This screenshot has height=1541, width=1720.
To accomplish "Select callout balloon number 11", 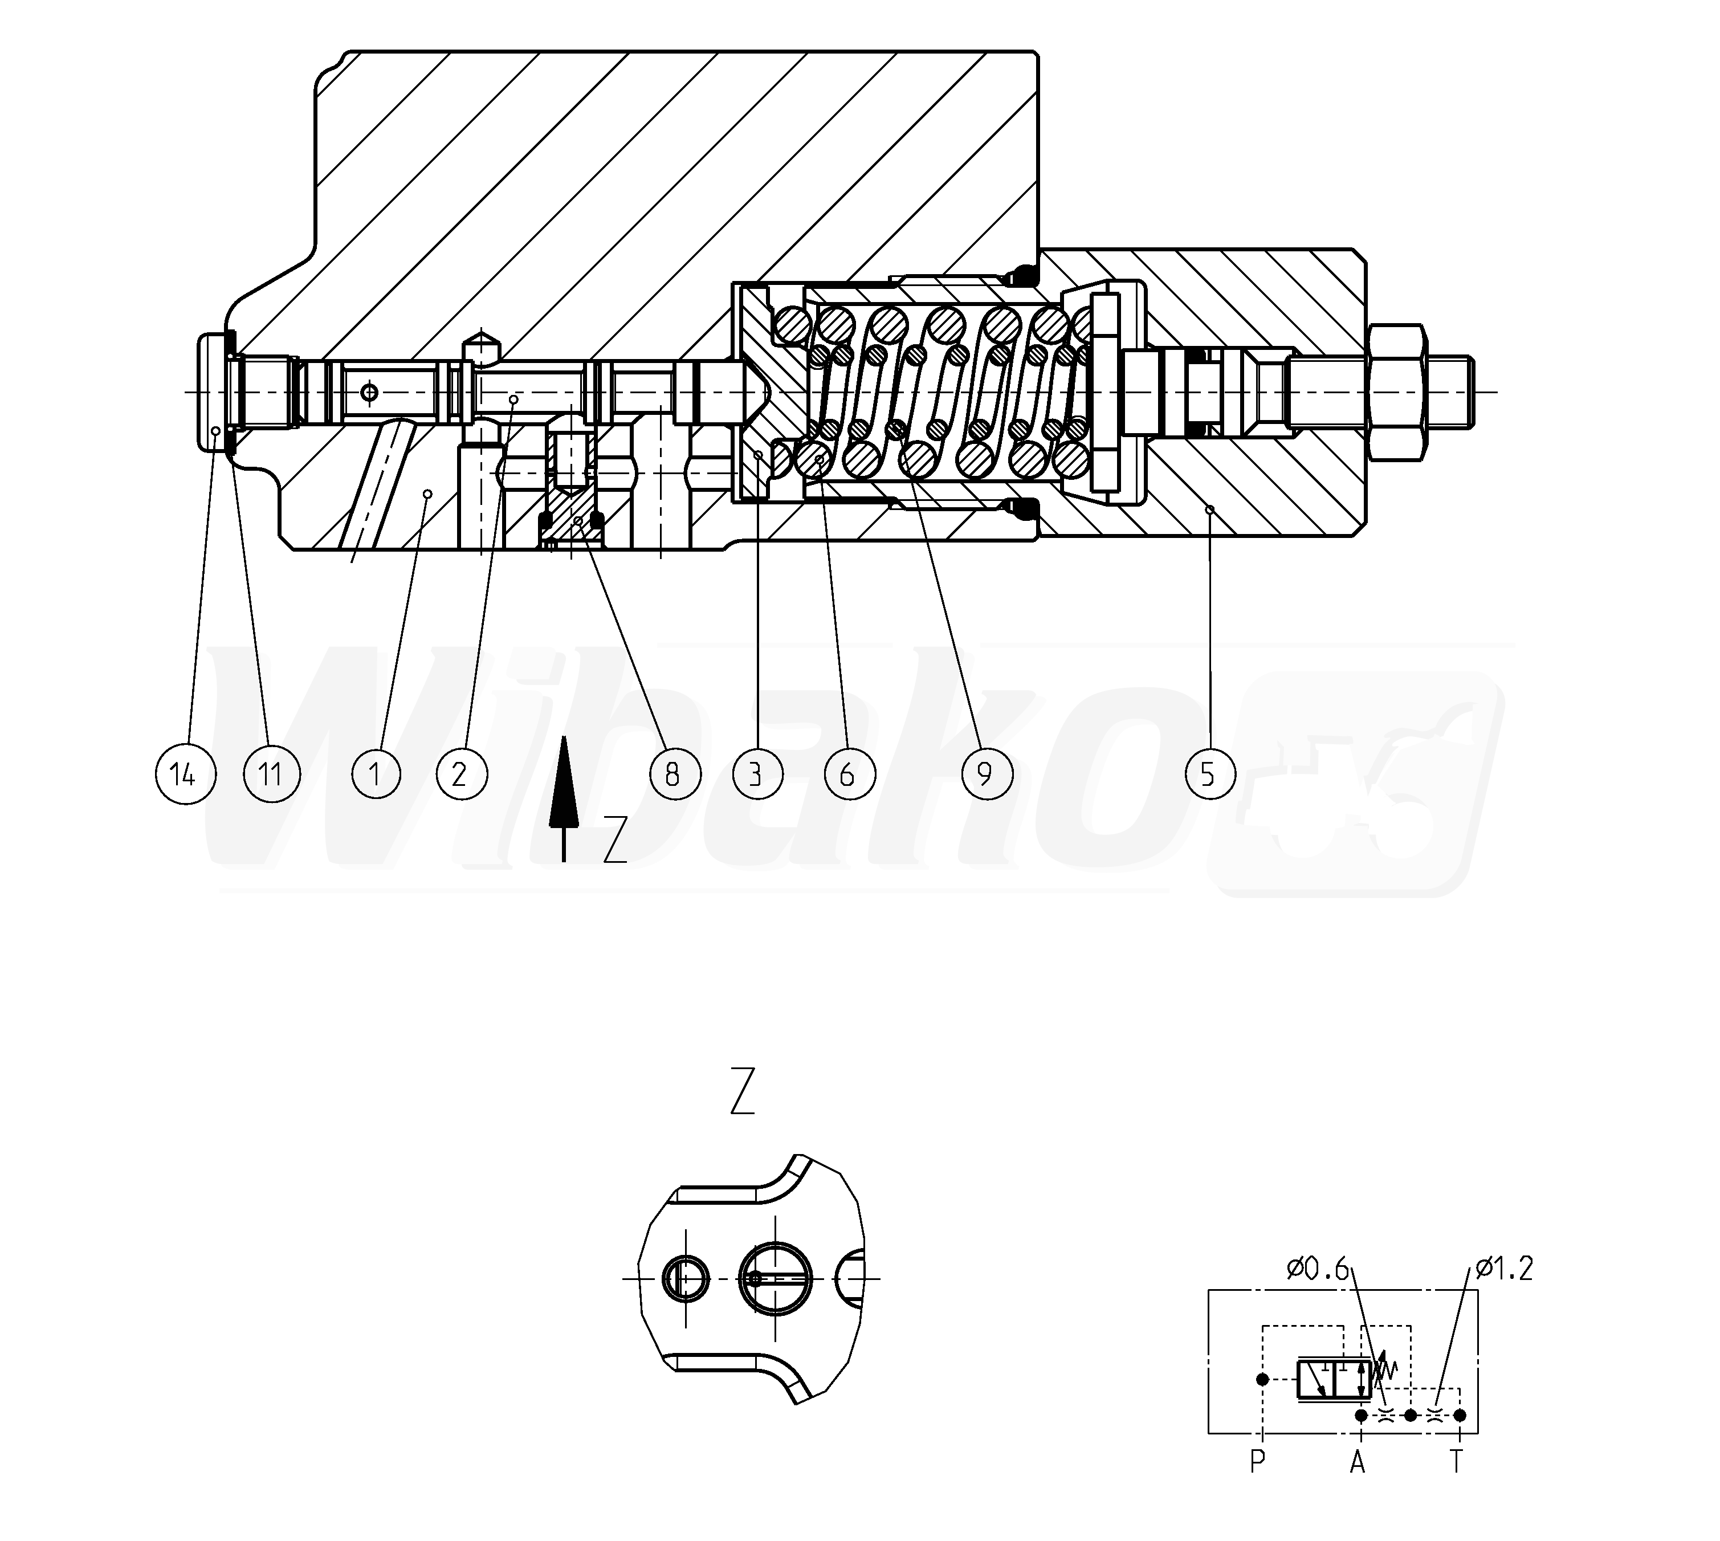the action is (x=272, y=774).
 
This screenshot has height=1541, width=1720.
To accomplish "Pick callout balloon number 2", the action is (x=462, y=774).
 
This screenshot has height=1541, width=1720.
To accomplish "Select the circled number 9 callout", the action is (x=986, y=774).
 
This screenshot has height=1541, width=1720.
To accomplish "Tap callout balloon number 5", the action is (x=1208, y=774).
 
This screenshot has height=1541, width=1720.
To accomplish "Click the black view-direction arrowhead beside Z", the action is (x=563, y=781).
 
